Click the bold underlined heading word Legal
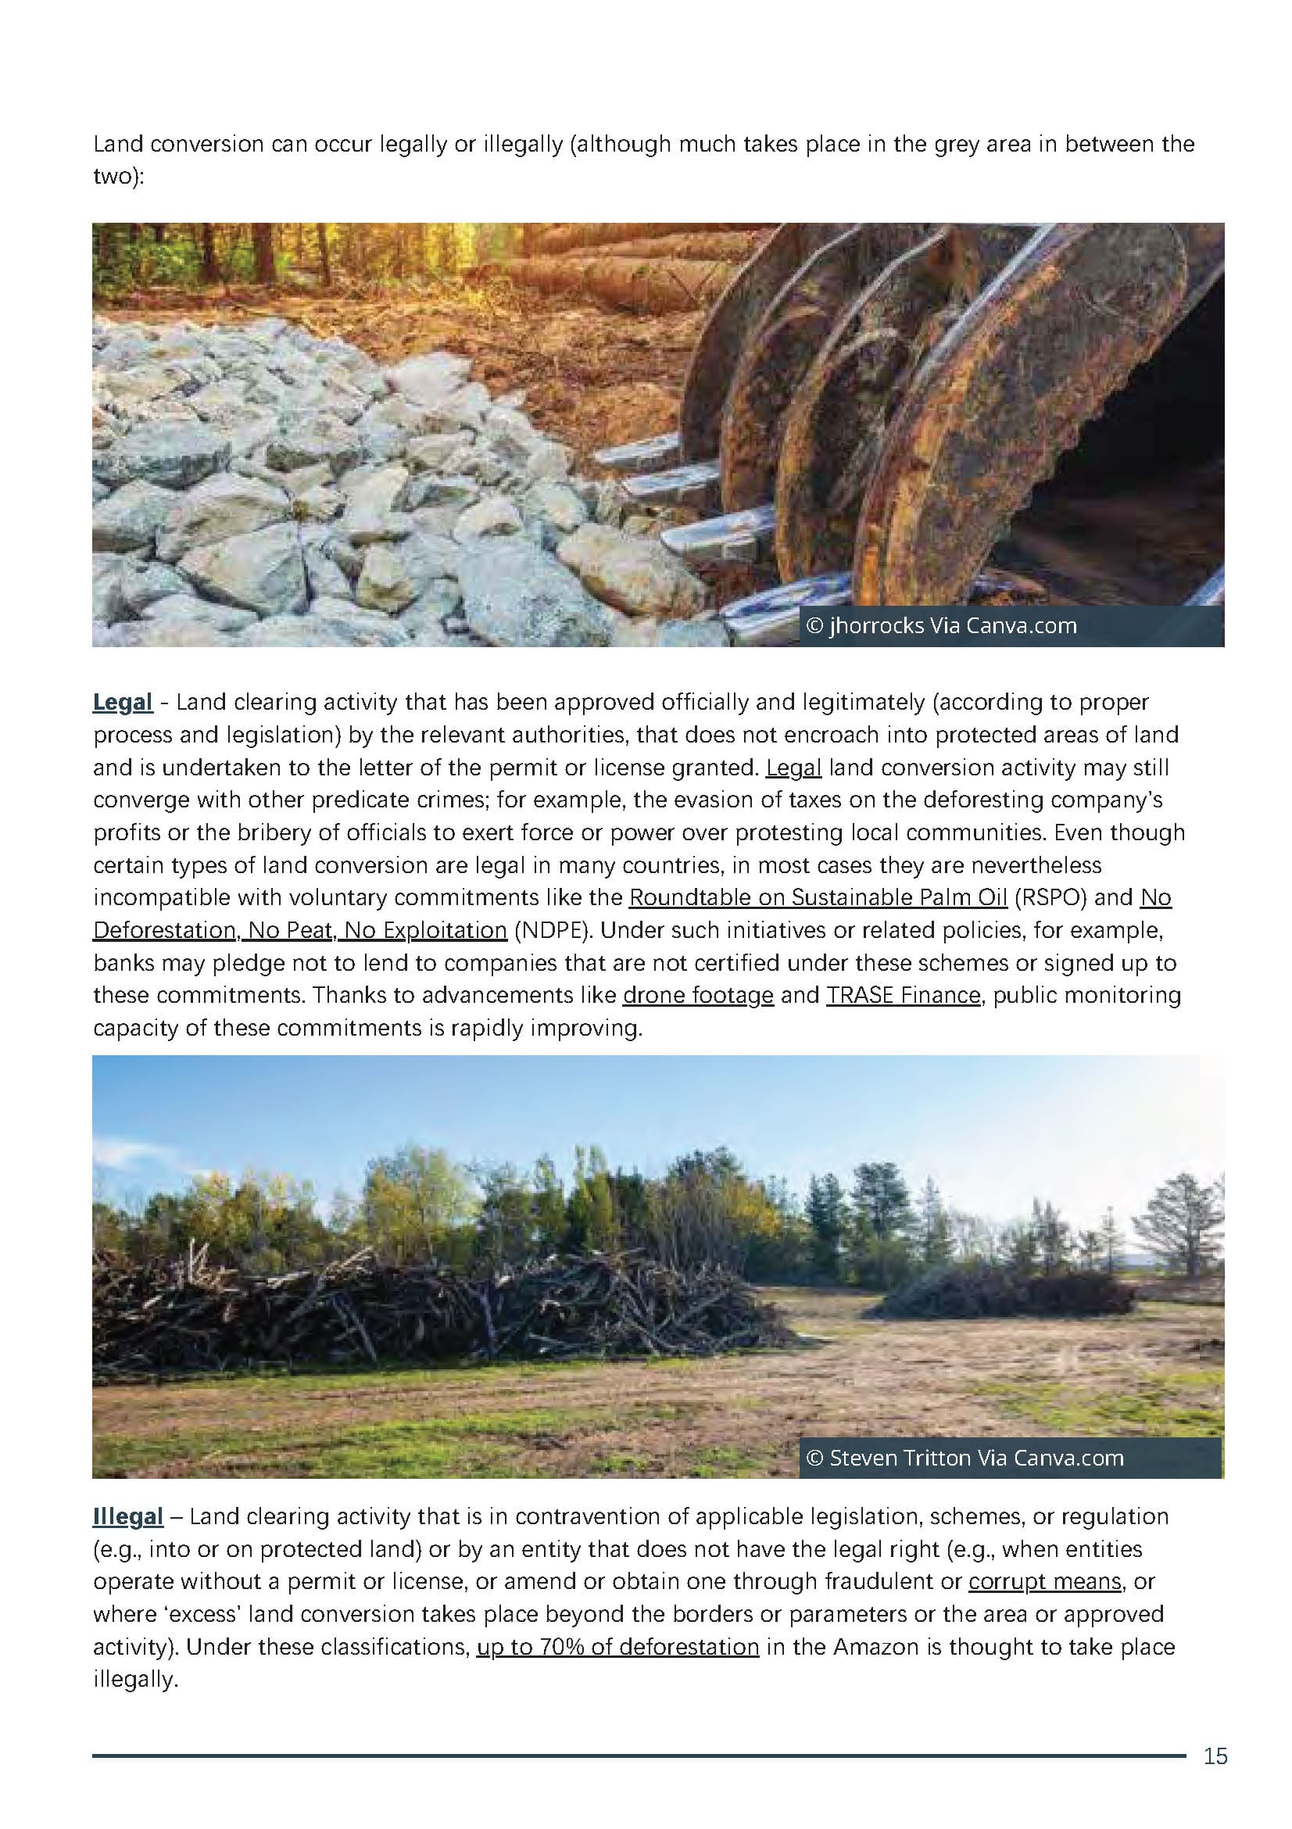tap(122, 702)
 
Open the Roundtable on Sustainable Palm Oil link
tap(818, 897)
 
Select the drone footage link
tap(698, 995)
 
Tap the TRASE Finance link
tap(903, 995)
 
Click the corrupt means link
tap(1045, 1581)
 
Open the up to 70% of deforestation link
tap(617, 1647)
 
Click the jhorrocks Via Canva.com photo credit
tap(943, 626)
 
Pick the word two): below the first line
tap(119, 176)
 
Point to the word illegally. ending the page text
tap(134, 1679)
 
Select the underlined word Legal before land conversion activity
tap(793, 767)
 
